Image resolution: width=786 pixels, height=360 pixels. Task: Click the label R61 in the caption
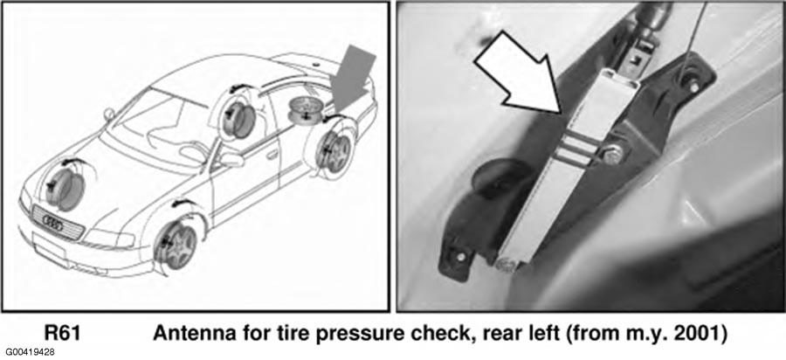[x=62, y=332]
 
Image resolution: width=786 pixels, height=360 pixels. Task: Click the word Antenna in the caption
[x=188, y=332]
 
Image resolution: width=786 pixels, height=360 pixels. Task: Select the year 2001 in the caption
[x=704, y=332]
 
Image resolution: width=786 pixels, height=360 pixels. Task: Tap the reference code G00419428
[x=31, y=352]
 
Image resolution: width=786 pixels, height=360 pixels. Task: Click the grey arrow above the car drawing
[x=354, y=78]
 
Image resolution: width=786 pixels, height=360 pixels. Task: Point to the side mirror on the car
[x=231, y=161]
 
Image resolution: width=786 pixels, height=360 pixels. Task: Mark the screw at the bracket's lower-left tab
[x=459, y=257]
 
